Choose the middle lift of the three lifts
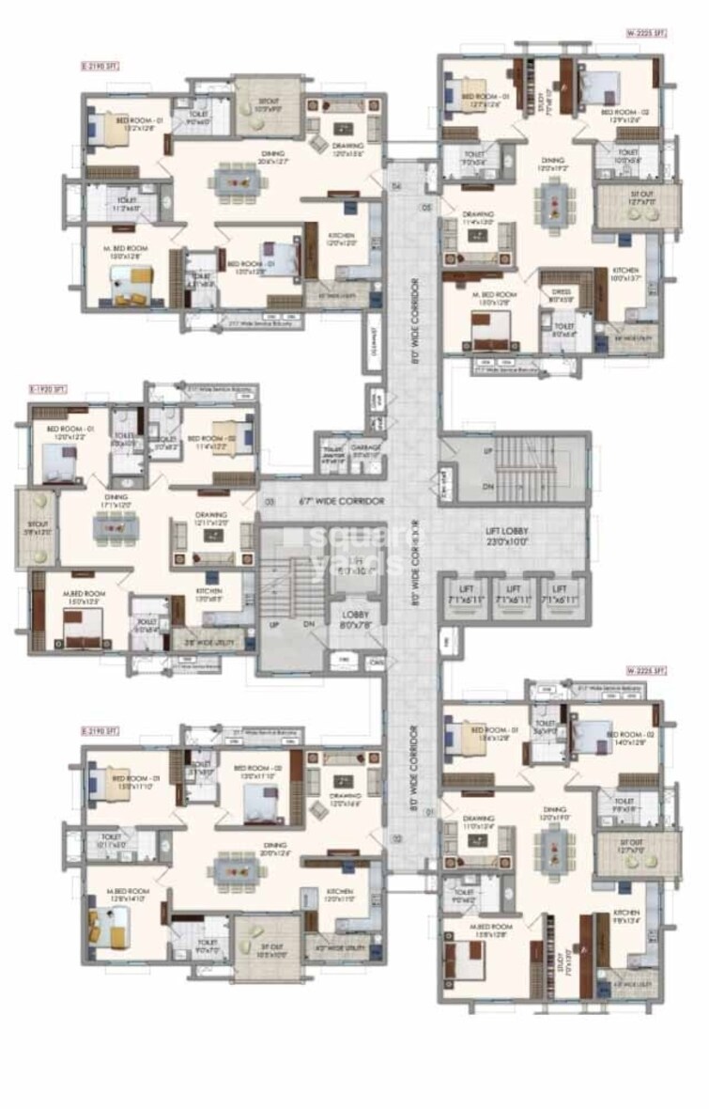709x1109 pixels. point(515,599)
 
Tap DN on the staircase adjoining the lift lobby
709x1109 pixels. point(486,487)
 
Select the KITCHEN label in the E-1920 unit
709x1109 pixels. point(208,592)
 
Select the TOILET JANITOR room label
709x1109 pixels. point(333,448)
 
